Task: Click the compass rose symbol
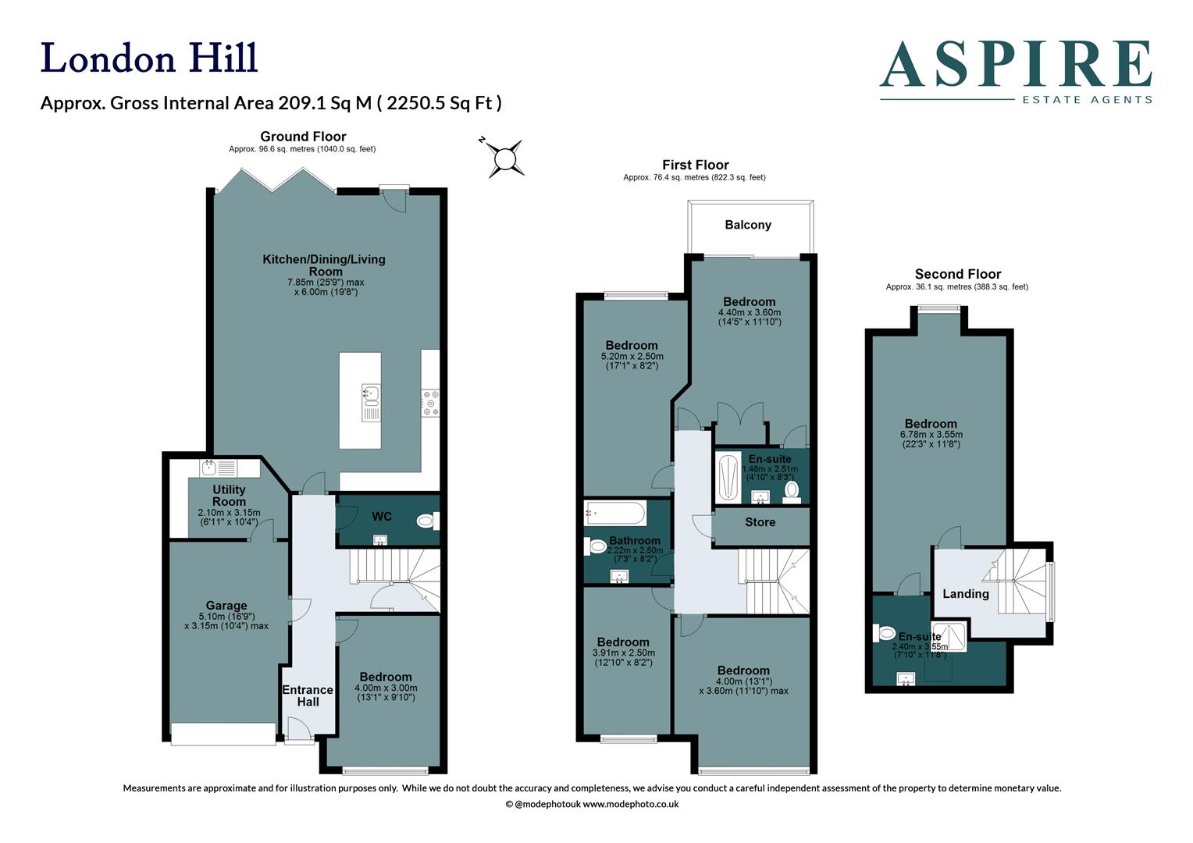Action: (505, 159)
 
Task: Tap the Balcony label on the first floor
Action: (747, 225)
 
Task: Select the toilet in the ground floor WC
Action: (427, 521)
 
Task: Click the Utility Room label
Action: (229, 496)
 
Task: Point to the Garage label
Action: (226, 605)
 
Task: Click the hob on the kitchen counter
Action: (430, 402)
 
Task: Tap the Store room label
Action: (760, 522)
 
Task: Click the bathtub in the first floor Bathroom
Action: (615, 514)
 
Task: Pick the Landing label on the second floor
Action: (965, 594)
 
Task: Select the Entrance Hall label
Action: (308, 695)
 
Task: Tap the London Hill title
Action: (149, 59)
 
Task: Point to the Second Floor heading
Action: (957, 274)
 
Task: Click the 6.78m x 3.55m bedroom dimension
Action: (931, 435)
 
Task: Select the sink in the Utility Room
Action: (209, 468)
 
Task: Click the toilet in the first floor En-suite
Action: (792, 490)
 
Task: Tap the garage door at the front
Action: (223, 734)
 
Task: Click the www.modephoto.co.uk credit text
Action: (631, 804)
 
